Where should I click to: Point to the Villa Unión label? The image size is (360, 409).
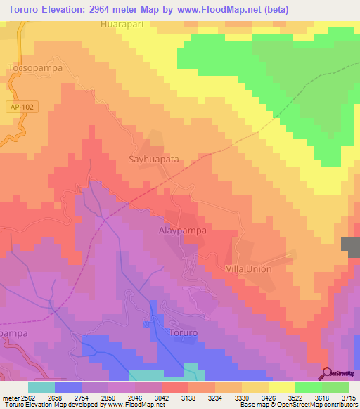[x=248, y=268]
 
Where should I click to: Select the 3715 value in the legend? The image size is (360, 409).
[x=348, y=397]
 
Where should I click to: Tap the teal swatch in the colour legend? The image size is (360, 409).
[x=41, y=387]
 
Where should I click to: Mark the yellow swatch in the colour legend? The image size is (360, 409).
[x=281, y=387]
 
